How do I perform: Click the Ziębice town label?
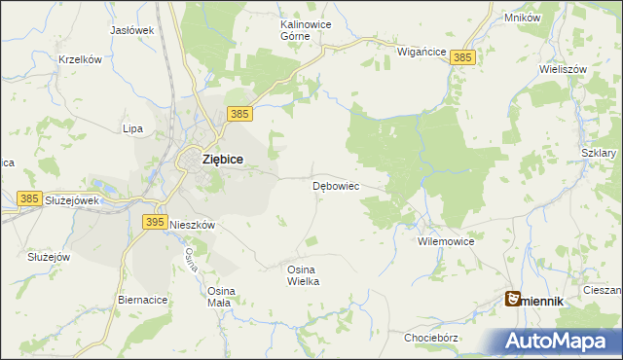coord(222,159)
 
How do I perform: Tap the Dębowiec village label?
coord(336,185)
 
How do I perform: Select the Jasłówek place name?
coord(133,30)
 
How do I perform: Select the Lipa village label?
coord(132,128)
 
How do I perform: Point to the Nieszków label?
coord(192,223)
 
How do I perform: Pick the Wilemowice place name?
coord(445,240)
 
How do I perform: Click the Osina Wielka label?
coord(304,274)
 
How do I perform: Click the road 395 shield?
coord(154,222)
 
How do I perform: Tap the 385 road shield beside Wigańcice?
coord(463,58)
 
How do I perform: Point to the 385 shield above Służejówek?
coord(29,198)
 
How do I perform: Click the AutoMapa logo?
coord(558,341)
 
